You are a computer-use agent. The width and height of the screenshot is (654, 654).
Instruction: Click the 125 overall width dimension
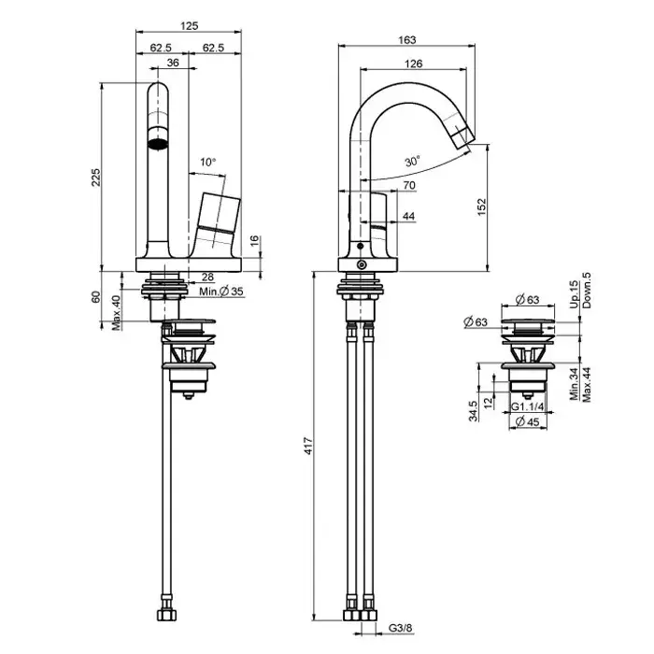click(189, 25)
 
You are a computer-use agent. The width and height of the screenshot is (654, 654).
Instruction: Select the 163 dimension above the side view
click(407, 39)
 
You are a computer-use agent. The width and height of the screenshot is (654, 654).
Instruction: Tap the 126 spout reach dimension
click(413, 64)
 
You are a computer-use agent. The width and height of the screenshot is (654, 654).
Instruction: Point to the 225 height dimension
click(96, 178)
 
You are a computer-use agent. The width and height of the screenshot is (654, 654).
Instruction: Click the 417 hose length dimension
click(308, 446)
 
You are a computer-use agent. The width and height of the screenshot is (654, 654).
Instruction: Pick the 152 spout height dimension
click(481, 207)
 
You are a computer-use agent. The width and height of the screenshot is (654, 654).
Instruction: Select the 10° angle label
click(207, 162)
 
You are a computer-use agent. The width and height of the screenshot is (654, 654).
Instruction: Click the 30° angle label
click(412, 161)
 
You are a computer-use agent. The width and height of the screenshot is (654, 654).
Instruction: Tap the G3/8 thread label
click(401, 628)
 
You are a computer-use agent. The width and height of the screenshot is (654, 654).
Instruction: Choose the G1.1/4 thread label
click(528, 406)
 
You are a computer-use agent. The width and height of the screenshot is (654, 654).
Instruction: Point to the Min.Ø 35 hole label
click(221, 291)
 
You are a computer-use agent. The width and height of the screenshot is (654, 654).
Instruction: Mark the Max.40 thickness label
click(117, 313)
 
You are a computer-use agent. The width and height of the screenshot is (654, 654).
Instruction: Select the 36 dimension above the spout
click(173, 63)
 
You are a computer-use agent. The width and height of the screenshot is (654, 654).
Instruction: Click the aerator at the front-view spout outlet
click(158, 145)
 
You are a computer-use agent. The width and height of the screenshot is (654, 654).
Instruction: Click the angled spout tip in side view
click(462, 136)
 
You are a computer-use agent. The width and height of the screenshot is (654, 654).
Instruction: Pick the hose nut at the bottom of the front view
click(167, 615)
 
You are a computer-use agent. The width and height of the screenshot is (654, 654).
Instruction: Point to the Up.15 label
click(575, 294)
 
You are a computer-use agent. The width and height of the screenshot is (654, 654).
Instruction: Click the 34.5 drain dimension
click(473, 411)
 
